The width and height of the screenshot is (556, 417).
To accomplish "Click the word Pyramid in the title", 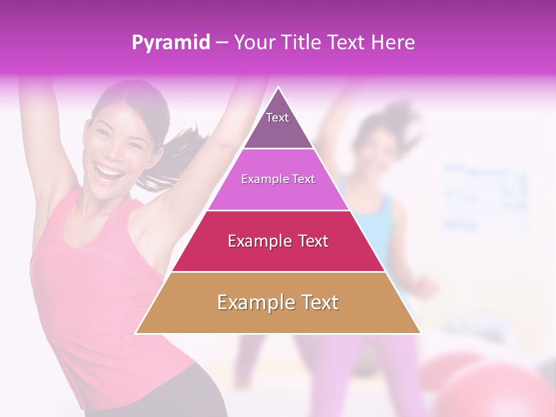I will [x=170, y=43].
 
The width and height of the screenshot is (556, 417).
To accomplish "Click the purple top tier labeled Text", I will [x=277, y=125].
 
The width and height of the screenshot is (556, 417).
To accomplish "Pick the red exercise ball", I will [x=492, y=388].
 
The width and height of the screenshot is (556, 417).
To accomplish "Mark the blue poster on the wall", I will [x=484, y=197].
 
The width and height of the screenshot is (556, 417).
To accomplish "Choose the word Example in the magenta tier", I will [x=260, y=180].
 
